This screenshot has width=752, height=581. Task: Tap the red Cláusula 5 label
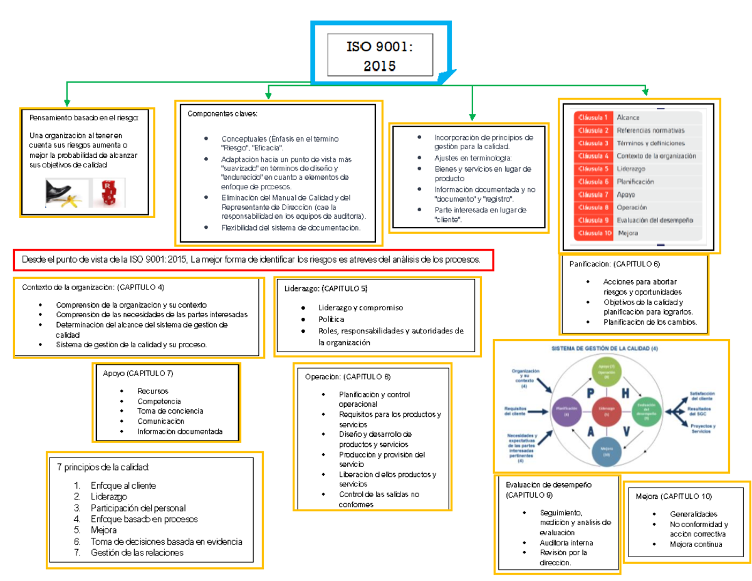(x=593, y=169)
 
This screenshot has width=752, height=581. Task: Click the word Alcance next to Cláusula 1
(x=628, y=118)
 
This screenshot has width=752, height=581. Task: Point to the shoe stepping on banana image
(x=65, y=193)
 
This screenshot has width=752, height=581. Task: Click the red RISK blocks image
(x=108, y=193)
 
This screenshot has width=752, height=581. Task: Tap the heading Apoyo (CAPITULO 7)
(x=138, y=374)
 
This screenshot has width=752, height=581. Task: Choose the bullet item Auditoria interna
(x=566, y=543)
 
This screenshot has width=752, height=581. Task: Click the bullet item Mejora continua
(x=696, y=544)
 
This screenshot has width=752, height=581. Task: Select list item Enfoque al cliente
(x=123, y=486)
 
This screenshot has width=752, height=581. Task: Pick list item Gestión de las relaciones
(x=137, y=553)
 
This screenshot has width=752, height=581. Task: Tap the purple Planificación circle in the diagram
(x=566, y=411)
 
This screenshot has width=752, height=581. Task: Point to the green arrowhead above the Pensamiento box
(x=66, y=102)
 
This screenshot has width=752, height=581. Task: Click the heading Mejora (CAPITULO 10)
(x=673, y=496)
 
